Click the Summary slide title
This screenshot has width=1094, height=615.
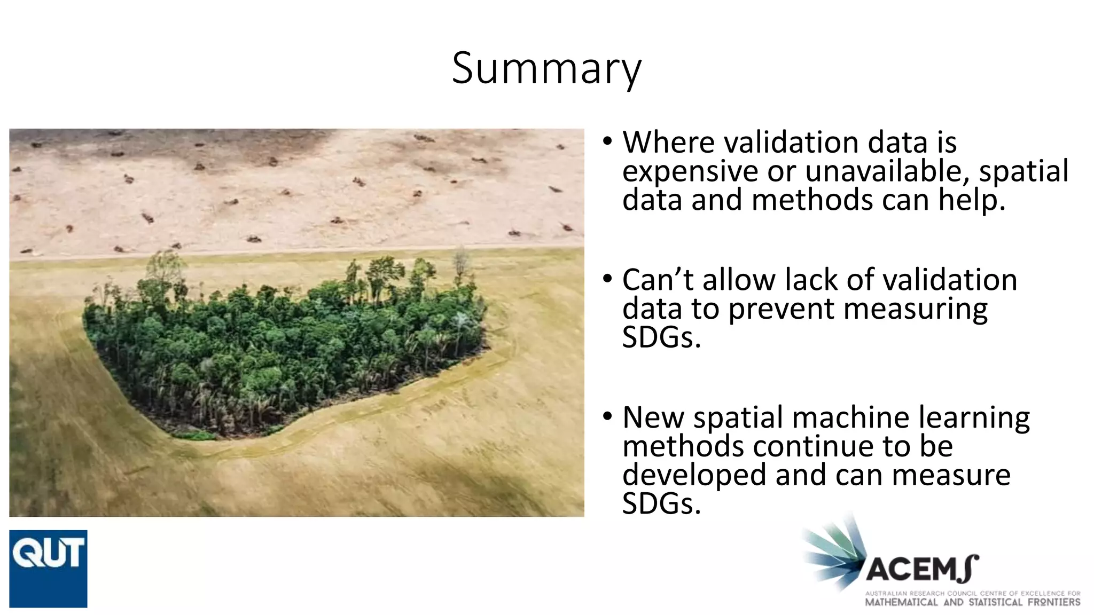pos(546,68)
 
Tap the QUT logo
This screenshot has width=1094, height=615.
pos(48,568)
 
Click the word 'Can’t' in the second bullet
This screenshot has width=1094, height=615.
pos(658,280)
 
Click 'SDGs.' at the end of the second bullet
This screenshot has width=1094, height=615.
pos(661,338)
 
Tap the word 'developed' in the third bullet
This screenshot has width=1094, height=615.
pos(694,475)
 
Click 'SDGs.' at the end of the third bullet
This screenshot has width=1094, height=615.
pos(661,504)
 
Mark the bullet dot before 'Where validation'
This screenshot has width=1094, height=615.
pos(607,143)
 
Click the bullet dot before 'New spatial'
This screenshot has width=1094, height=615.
pos(607,416)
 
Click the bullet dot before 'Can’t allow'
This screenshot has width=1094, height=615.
pos(607,279)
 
